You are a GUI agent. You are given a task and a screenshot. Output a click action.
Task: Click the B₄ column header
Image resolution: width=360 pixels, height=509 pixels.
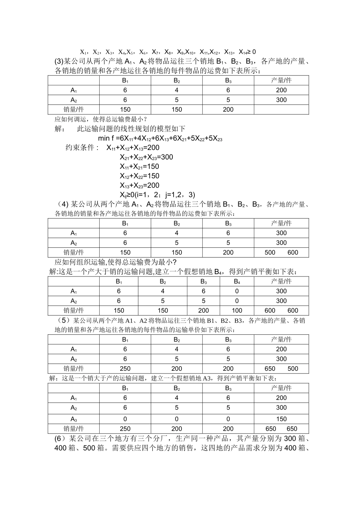pos(237,281)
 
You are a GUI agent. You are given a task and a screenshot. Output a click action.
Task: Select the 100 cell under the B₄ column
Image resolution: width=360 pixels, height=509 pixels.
pos(237,311)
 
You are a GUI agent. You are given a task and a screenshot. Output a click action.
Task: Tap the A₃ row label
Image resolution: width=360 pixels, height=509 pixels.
pos(74,419)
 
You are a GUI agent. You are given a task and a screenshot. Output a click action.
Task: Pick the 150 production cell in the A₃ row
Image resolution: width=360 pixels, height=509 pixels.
pos(281,419)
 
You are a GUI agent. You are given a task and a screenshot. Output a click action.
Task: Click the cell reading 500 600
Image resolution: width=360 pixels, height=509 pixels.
pos(281,253)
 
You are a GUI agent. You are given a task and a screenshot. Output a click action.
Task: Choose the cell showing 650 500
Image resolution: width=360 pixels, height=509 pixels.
pos(281,368)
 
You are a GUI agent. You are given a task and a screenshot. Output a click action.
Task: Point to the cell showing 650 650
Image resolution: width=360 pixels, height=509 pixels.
pos(281,429)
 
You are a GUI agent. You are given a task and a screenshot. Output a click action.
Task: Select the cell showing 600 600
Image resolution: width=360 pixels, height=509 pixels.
pos(281,311)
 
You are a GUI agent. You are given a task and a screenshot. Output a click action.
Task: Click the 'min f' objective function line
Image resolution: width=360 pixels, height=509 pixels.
pos(160,139)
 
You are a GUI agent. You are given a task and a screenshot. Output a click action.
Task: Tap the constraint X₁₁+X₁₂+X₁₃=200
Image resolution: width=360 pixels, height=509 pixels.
pos(133,148)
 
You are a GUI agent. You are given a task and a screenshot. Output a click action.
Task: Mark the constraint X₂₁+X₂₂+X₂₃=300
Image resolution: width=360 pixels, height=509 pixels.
pos(146,157)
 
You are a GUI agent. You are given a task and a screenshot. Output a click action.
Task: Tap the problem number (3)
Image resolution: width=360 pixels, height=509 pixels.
pos(59,61)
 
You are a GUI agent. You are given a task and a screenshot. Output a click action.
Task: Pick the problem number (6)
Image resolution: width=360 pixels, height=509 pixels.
pos(61,439)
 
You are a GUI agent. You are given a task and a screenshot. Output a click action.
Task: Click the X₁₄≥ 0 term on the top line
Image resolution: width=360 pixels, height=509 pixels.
pos(247,52)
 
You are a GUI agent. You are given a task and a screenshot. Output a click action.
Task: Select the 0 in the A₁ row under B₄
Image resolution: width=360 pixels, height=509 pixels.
pos(237,291)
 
